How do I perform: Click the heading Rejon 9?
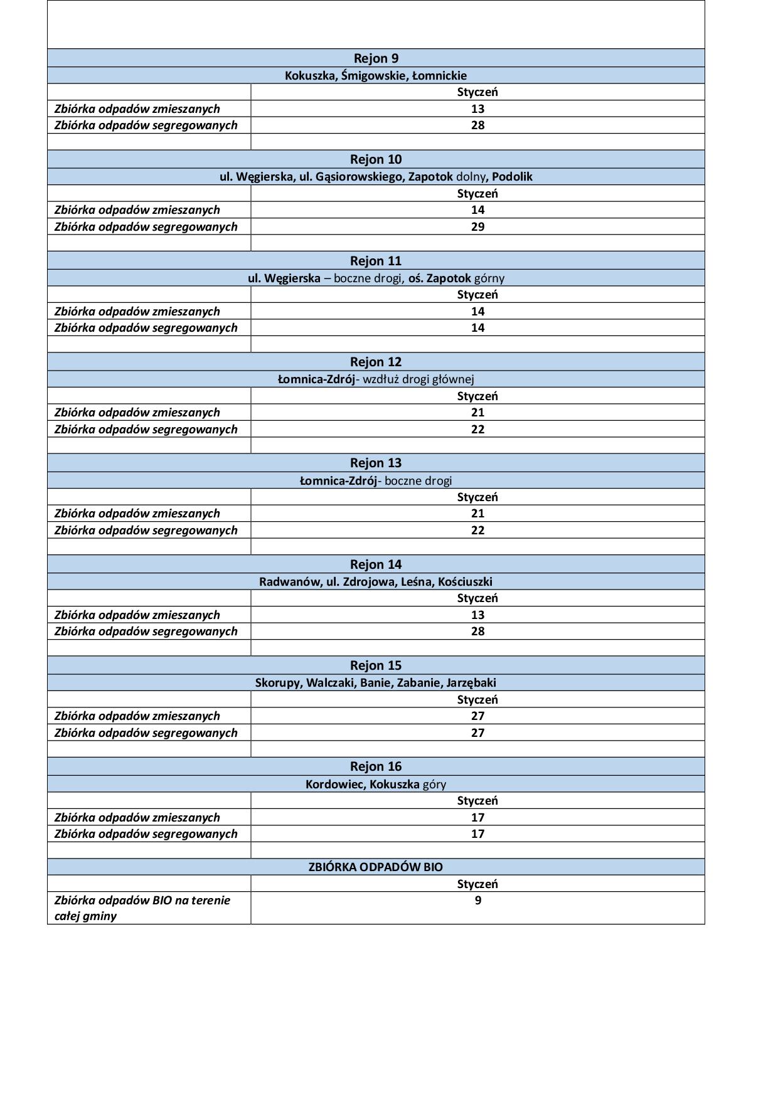point(376,58)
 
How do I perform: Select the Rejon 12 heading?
point(376,362)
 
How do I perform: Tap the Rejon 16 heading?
point(376,766)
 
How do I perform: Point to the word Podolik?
point(512,177)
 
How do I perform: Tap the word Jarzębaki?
point(471,683)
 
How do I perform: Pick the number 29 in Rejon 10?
point(477,227)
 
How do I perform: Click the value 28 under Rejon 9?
point(477,125)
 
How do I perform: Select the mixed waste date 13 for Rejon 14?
point(477,615)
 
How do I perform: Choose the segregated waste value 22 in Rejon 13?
point(477,531)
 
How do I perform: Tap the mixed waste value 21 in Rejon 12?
point(477,413)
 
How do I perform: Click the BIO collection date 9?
point(477,901)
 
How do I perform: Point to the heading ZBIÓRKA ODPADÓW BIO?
point(376,867)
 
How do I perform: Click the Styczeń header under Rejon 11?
point(477,295)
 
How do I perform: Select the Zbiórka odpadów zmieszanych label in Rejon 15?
point(137,716)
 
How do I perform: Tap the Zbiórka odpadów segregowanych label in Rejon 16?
point(146,834)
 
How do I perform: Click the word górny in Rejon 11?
point(489,278)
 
